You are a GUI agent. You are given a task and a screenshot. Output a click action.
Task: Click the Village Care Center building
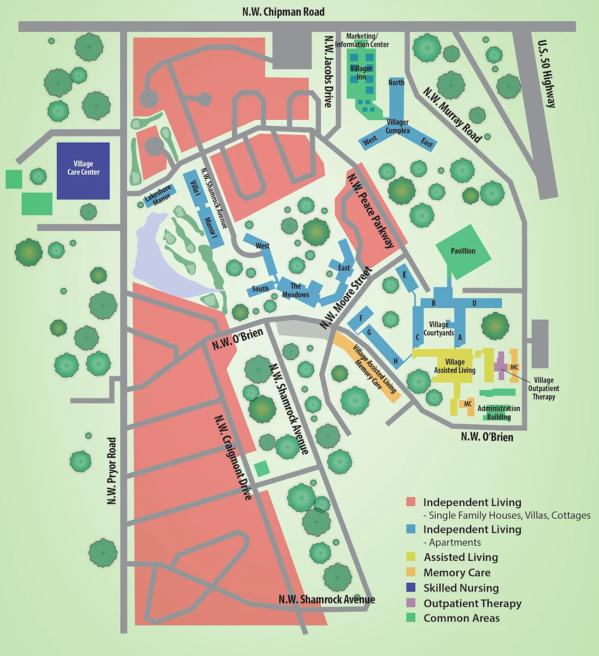pyautogui.click(x=83, y=171)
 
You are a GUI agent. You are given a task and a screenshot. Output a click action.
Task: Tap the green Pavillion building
pyautogui.click(x=463, y=251)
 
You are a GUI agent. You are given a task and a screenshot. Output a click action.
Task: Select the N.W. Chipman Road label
pyautogui.click(x=283, y=11)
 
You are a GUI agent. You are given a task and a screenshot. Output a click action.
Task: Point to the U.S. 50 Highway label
pyautogui.click(x=547, y=74)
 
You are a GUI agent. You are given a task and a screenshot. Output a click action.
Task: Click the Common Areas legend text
pyautogui.click(x=461, y=618)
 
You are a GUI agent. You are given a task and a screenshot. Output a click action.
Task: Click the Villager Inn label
pyautogui.click(x=361, y=73)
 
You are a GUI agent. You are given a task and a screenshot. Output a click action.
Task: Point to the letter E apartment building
pyautogui.click(x=405, y=274)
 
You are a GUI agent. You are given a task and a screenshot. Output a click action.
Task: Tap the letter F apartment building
pyautogui.click(x=361, y=318)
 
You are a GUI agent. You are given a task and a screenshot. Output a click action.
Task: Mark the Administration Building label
pyautogui.click(x=498, y=413)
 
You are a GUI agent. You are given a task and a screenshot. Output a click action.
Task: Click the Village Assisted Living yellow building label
pyautogui.click(x=455, y=366)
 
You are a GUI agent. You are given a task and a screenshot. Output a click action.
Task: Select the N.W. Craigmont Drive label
pyautogui.click(x=233, y=457)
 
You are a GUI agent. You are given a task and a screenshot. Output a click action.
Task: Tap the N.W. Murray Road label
pyautogui.click(x=453, y=115)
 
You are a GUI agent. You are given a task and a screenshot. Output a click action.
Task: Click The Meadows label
pyautogui.click(x=296, y=290)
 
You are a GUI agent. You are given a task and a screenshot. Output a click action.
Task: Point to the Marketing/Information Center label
pyautogui.click(x=362, y=40)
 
